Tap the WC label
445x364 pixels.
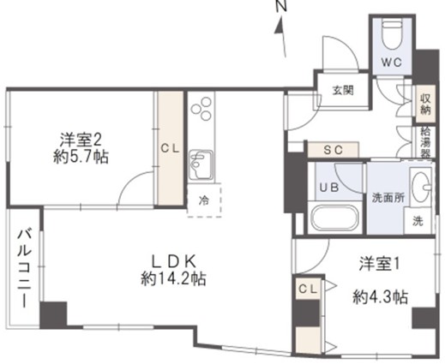(x=392, y=63)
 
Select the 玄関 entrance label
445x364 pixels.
(x=343, y=91)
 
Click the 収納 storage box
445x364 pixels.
(x=425, y=104)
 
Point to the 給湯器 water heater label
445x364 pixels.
(x=425, y=142)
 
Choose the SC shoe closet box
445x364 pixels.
(x=333, y=150)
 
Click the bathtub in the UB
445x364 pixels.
(x=334, y=217)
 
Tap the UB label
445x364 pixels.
(x=329, y=188)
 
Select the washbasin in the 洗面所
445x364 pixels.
(x=421, y=187)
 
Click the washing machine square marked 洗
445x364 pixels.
(x=418, y=221)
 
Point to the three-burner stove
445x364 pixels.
(x=201, y=109)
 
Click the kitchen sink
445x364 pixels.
(x=201, y=164)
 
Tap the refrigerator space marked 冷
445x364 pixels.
(x=204, y=200)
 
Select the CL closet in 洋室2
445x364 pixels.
(x=171, y=148)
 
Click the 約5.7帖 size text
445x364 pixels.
(x=81, y=157)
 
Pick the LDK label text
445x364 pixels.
(x=173, y=261)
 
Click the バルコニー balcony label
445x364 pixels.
(x=24, y=268)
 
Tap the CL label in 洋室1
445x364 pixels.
(x=308, y=289)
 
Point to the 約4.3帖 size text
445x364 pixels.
(x=380, y=297)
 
